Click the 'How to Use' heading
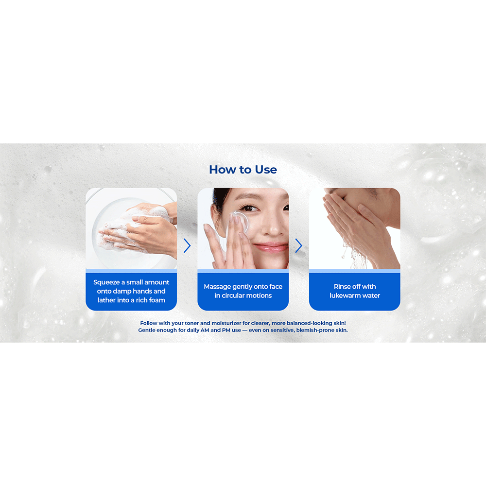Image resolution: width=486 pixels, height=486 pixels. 243,170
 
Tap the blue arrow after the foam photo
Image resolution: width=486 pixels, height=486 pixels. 187,246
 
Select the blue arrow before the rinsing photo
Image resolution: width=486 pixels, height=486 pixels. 298,246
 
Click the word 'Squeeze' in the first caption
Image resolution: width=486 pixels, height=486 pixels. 106,282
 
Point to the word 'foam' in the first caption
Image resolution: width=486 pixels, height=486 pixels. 157,300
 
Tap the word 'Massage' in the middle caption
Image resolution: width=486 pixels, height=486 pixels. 217,287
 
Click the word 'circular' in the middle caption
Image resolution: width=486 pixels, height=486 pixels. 235,295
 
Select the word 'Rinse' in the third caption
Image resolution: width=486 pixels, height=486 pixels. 342,286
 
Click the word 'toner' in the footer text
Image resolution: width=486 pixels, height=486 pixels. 191,323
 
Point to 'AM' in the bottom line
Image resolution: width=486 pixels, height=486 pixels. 205,330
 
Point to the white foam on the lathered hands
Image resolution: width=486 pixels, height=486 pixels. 124,226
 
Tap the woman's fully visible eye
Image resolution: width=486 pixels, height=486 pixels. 249,208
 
